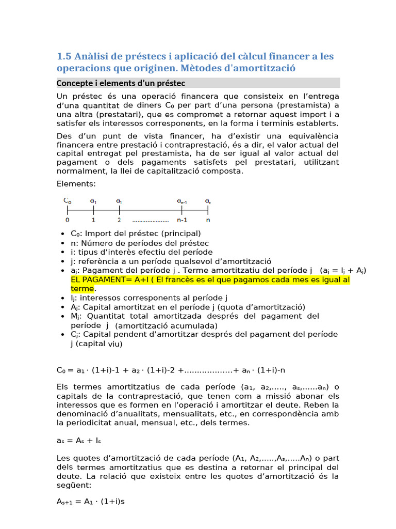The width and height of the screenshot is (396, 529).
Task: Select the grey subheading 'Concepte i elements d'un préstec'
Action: click(x=121, y=83)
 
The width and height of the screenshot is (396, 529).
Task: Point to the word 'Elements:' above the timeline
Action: click(x=76, y=183)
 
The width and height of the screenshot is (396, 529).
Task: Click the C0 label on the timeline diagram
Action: click(x=68, y=200)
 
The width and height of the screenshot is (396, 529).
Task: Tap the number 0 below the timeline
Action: click(x=68, y=220)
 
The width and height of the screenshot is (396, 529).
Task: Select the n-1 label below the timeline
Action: click(x=181, y=220)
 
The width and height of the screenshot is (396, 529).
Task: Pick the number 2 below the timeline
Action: click(x=120, y=220)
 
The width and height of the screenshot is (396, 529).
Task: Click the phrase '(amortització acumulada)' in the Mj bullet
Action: click(x=166, y=325)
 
